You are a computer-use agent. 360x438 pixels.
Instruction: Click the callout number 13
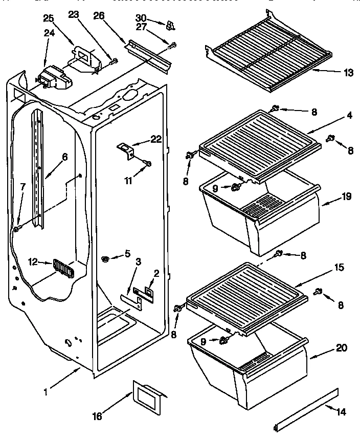[x=348, y=73]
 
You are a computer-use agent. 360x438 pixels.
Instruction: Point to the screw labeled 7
[x=17, y=229]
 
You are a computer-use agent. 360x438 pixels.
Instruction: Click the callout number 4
[x=349, y=116]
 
